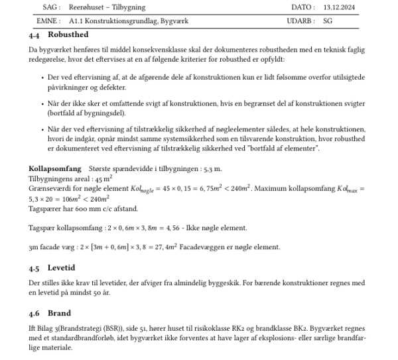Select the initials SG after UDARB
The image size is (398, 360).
tap(328, 21)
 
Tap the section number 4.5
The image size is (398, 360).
tap(36, 269)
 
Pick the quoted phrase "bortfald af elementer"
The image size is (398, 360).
tap(287, 149)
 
